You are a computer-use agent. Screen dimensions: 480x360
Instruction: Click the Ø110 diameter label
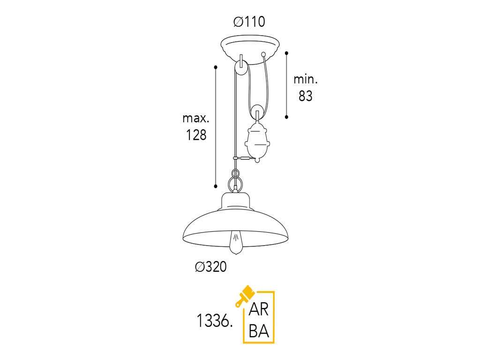249,22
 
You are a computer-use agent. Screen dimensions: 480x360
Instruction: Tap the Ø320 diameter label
211,267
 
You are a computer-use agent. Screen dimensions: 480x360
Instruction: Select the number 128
196,135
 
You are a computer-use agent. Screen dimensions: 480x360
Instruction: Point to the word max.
196,118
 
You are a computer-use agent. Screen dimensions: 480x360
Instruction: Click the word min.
306,79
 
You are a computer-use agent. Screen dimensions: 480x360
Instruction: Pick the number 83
306,96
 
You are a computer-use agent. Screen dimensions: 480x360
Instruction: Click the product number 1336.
214,321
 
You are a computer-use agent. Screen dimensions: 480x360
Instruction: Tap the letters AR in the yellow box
259,309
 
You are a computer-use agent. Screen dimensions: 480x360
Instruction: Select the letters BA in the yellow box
259,331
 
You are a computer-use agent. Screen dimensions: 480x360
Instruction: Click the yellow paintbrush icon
245,296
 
